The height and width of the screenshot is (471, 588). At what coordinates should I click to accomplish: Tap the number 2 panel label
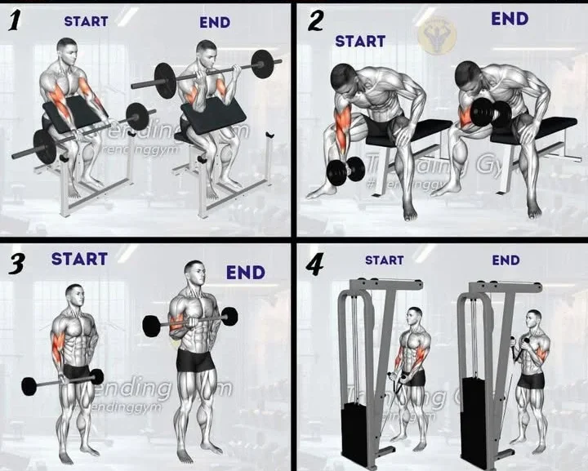pyautogui.click(x=314, y=21)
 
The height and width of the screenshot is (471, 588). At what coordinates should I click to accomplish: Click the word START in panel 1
pyautogui.click(x=86, y=21)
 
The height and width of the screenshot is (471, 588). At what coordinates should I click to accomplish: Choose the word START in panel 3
pyautogui.click(x=79, y=259)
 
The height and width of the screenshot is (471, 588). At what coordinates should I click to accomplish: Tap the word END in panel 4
pyautogui.click(x=506, y=260)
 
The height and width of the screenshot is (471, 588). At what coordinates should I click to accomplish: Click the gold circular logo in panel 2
pyautogui.click(x=433, y=37)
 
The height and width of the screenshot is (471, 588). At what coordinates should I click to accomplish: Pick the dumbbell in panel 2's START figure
pyautogui.click(x=345, y=171)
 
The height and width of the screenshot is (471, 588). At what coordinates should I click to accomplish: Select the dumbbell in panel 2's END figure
pyautogui.click(x=491, y=113)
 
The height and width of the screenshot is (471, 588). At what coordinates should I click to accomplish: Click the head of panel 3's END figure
pyautogui.click(x=194, y=275)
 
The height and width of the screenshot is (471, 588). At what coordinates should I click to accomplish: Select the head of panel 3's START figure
pyautogui.click(x=74, y=296)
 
